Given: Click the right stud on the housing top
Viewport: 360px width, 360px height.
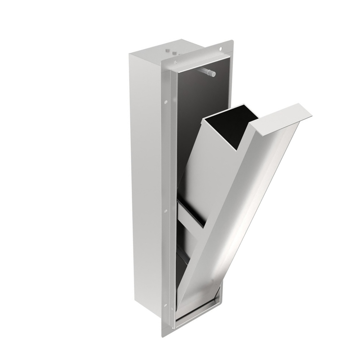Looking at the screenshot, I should (x=175, y=53).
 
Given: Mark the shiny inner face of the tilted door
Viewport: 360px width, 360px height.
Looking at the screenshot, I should (x=245, y=216).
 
